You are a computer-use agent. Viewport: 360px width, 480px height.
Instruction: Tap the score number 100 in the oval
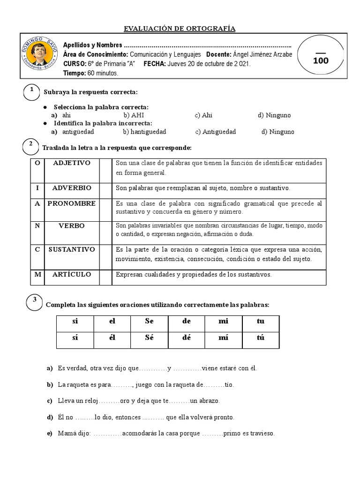tap(321, 60)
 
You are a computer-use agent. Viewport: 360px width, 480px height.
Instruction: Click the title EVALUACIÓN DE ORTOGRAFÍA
tap(180, 30)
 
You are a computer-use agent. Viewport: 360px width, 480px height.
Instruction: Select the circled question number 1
tap(31, 90)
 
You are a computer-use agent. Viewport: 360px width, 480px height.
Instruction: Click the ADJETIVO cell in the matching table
tap(72, 163)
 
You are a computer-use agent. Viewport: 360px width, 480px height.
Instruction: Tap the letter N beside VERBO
tap(37, 225)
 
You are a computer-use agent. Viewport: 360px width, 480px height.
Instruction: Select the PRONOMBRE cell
tap(72, 203)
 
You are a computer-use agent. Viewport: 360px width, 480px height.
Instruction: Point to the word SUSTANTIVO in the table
tap(72, 249)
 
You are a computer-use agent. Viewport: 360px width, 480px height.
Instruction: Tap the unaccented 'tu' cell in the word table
tap(261, 321)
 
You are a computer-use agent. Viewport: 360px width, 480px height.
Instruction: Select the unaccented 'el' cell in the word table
tap(112, 321)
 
